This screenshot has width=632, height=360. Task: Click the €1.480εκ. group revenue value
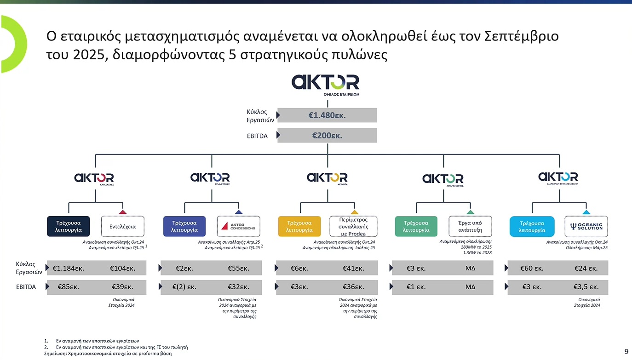(327, 115)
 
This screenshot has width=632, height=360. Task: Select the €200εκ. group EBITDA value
(327, 136)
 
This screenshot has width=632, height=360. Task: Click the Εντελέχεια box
(123, 226)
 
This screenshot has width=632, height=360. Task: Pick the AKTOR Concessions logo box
(238, 226)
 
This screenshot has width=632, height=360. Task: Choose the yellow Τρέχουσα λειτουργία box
(299, 226)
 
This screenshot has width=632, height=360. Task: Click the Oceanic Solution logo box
(586, 226)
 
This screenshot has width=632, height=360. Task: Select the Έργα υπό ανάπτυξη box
(470, 226)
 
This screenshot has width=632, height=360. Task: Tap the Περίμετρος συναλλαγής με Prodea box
(354, 226)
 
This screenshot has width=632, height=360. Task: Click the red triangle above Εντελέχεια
(123, 212)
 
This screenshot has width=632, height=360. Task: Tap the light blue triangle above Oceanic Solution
(586, 212)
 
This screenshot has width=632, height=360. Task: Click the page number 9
(626, 352)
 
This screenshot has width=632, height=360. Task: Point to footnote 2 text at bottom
(122, 347)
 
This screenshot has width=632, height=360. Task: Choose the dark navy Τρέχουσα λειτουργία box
(68, 226)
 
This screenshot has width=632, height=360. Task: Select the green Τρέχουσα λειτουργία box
(416, 226)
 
